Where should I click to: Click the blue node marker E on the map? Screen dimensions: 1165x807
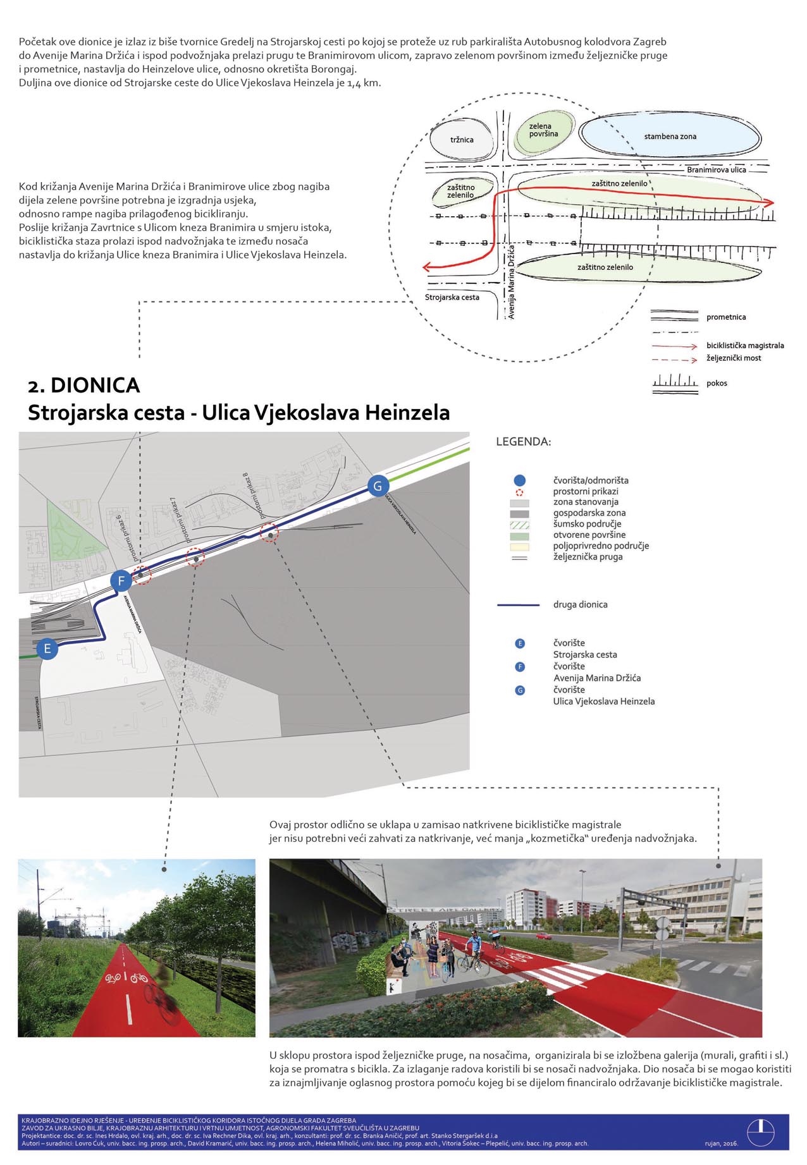47,649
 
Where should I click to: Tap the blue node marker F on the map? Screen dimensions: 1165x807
121,580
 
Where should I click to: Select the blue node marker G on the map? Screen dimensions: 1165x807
378,485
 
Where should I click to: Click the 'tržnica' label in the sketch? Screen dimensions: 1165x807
462,140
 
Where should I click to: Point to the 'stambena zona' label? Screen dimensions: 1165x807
670,137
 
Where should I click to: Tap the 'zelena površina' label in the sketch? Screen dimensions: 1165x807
543,130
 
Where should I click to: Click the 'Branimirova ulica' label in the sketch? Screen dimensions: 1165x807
716,170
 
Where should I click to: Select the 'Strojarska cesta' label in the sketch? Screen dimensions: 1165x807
452,297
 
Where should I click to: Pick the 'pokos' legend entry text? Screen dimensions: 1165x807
717,383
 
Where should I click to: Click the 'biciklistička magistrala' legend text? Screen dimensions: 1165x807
745,346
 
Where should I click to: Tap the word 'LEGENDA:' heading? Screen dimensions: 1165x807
523,442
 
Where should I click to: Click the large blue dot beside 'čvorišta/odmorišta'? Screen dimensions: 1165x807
520,480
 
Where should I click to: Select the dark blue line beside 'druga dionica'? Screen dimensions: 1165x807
519,605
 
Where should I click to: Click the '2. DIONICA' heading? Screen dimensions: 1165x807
83,386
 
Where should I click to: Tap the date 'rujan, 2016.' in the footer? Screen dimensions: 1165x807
721,1143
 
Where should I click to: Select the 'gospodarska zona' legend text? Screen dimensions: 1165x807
589,513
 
